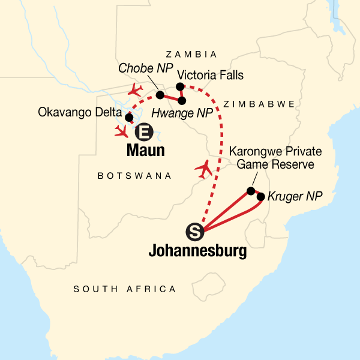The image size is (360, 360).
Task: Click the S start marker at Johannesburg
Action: tap(194, 230)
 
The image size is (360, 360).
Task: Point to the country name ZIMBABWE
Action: tap(259, 104)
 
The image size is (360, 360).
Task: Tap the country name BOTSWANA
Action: tap(134, 176)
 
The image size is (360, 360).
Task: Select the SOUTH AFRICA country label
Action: tap(125, 289)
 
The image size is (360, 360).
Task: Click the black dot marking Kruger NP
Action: tap(261, 196)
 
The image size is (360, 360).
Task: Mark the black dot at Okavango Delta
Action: tap(128, 118)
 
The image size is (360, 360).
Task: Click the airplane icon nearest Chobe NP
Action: tap(136, 90)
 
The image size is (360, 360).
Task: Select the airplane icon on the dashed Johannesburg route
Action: tap(206, 170)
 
